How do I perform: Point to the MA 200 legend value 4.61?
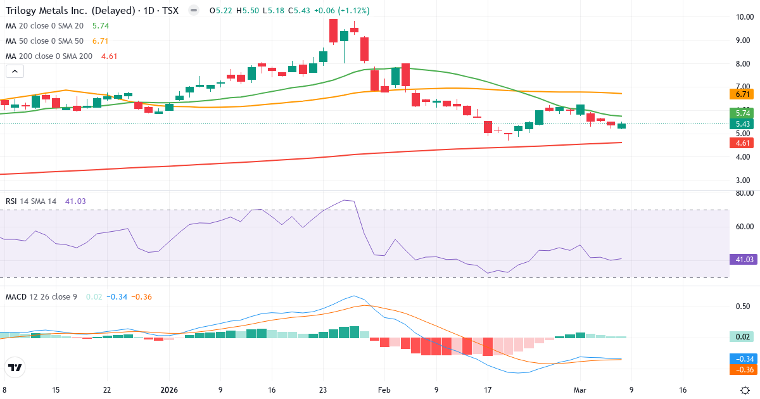point(110,56)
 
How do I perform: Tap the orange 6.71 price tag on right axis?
point(743,94)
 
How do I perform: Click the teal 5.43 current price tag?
point(743,124)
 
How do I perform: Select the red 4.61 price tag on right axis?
point(743,143)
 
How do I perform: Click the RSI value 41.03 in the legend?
point(75,201)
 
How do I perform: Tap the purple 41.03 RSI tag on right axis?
point(743,259)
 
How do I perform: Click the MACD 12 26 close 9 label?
point(41,296)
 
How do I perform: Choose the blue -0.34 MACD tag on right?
point(743,359)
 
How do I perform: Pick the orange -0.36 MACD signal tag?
point(743,369)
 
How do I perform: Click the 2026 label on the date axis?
point(170,390)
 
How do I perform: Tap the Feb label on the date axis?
point(384,390)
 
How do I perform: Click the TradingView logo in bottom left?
point(15,367)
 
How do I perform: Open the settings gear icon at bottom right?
point(745,390)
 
